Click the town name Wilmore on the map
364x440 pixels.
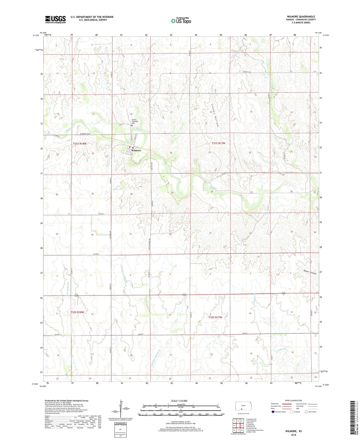pyautogui.click(x=136, y=150)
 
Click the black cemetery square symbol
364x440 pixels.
pyautogui.click(x=132, y=125)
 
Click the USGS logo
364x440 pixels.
pyautogui.click(x=55, y=19)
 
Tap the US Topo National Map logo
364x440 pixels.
pyautogui.click(x=181, y=20)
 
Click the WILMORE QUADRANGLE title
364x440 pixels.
pyautogui.click(x=301, y=17)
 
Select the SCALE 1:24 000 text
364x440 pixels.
pyautogui.click(x=179, y=401)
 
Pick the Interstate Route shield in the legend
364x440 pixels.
pyautogui.click(x=273, y=412)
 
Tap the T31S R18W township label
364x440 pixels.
pyautogui.click(x=80, y=144)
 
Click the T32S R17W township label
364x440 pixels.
pyautogui.click(x=215, y=318)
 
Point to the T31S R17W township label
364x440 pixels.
pyautogui.click(x=218, y=143)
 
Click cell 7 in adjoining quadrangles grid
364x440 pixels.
pyautogui.click(x=238, y=430)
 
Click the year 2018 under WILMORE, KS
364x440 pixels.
pyautogui.click(x=293, y=435)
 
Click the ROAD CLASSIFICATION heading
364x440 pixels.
pyautogui.click(x=293, y=400)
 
